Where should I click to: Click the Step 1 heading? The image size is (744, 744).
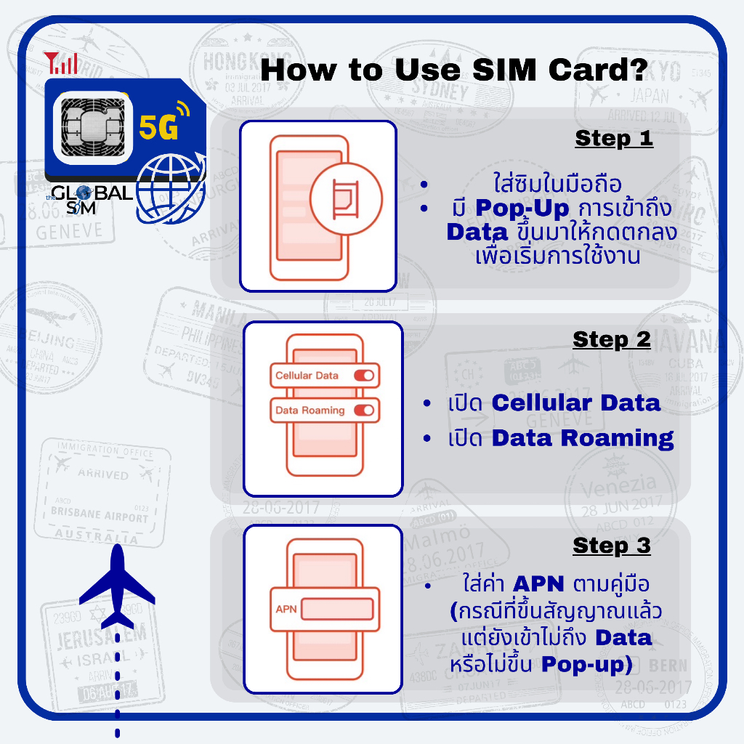pos(614,138)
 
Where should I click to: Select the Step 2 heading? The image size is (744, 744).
pos(612,339)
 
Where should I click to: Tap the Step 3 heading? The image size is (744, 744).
pos(612,546)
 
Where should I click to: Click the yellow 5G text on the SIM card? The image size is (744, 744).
pos(158,128)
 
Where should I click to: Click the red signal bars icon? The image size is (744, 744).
pos(61,63)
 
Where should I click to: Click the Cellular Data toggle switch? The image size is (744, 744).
pos(363,376)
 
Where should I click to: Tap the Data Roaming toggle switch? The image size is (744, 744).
pos(363,411)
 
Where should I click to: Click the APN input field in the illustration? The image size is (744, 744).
pos(337,608)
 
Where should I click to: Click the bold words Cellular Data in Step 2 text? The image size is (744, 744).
pos(576,403)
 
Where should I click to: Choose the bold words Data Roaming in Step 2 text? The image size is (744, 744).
pos(583,438)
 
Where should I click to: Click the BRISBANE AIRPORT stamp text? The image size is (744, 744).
pos(100,514)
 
